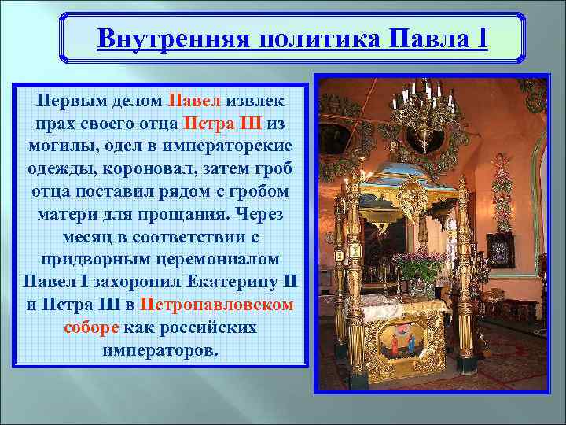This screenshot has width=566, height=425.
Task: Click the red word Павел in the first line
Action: point(194,102)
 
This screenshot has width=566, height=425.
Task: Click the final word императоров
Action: point(160,349)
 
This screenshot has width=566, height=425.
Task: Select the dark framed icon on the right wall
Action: point(500,250)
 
